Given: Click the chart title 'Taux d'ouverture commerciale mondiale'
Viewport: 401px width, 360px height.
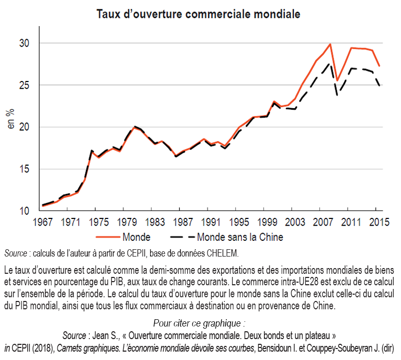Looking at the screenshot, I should pyautogui.click(x=198, y=14).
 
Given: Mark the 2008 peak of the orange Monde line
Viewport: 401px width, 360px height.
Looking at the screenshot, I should pyautogui.click(x=330, y=44).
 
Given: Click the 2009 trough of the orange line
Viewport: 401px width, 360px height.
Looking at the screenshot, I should pyautogui.click(x=337, y=80).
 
